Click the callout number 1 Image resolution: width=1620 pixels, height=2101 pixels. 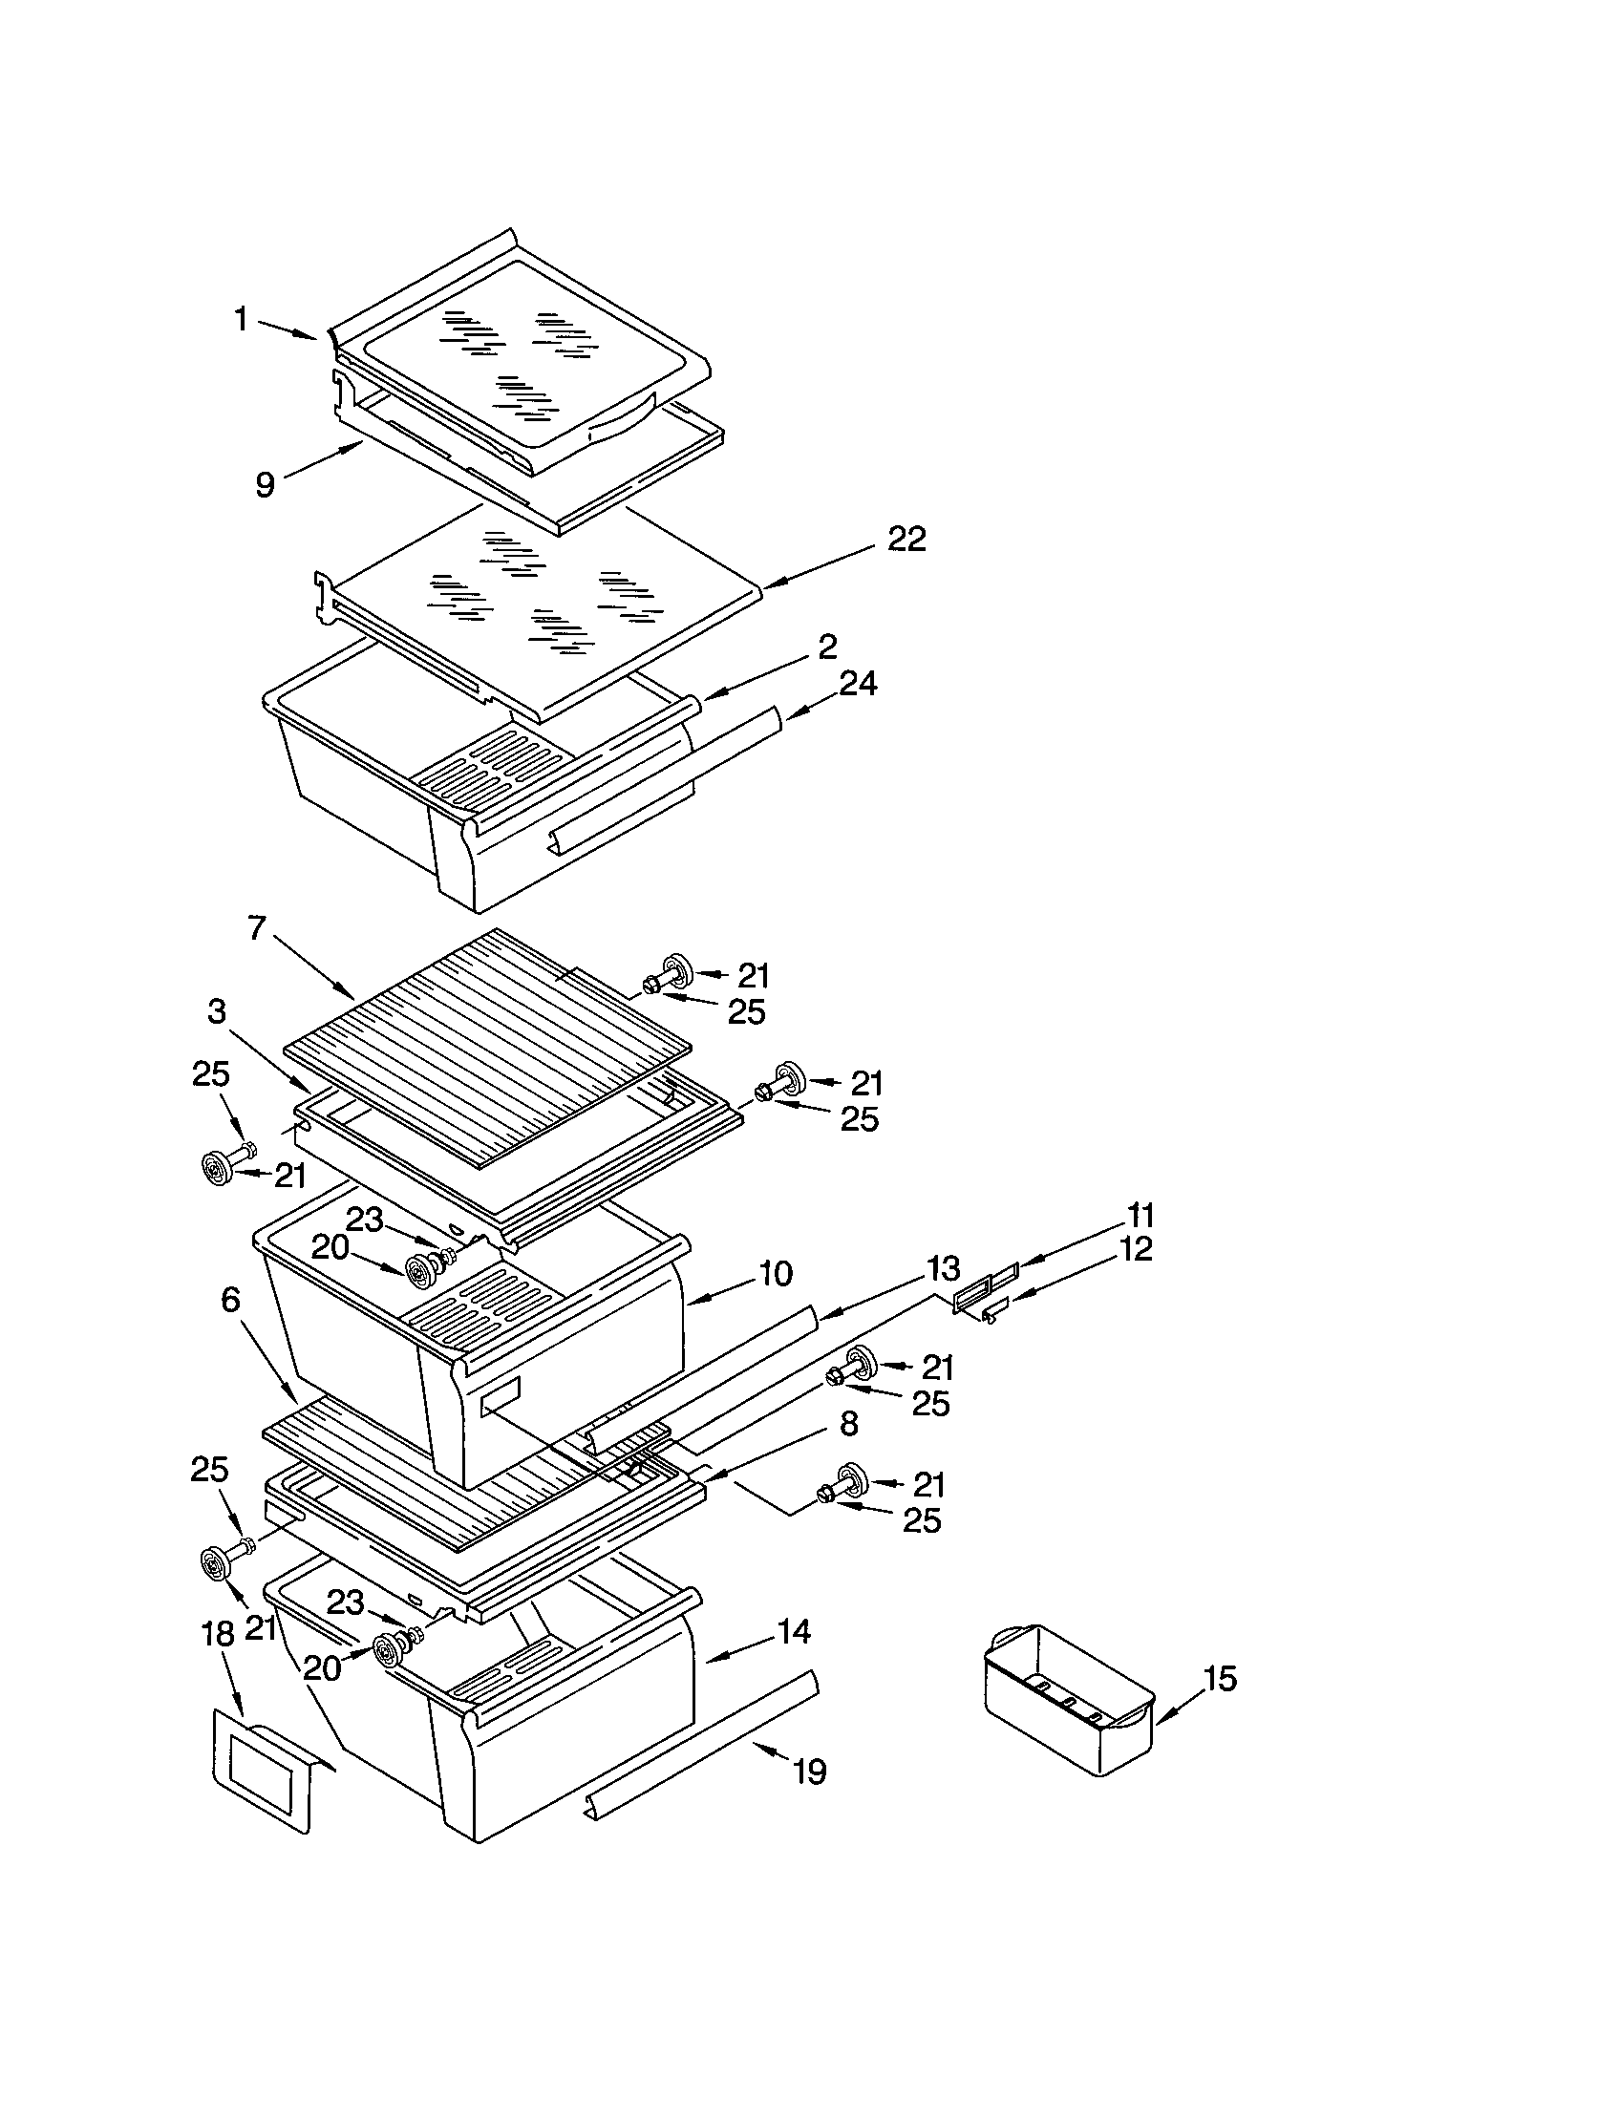coord(241,318)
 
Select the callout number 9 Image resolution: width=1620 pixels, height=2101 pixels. coord(266,484)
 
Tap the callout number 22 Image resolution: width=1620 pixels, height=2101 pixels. coord(906,540)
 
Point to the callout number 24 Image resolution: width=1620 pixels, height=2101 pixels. coord(858,684)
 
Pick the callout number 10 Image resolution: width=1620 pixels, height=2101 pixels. coord(776,1274)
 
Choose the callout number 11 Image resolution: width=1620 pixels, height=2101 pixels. coord(1140,1214)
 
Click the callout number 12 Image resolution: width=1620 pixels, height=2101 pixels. coord(1136,1249)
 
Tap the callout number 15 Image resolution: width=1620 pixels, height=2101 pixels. coord(1221,1679)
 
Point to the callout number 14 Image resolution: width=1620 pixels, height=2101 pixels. coord(794,1631)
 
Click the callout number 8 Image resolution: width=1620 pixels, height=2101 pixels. coord(847,1424)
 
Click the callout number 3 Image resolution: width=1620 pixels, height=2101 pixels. coord(217,1012)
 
